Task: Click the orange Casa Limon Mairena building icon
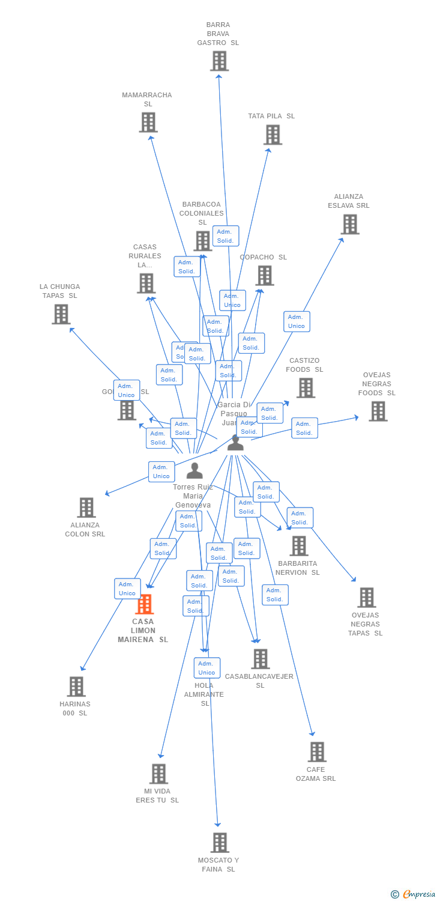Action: click(x=144, y=604)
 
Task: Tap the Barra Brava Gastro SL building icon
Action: click(x=219, y=61)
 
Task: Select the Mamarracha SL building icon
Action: click(x=148, y=122)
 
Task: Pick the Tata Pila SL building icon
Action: click(x=272, y=135)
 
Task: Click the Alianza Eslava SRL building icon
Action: click(x=349, y=224)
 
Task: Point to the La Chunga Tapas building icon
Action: click(x=61, y=314)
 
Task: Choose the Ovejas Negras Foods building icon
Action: click(x=378, y=411)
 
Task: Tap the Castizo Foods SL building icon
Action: click(x=305, y=388)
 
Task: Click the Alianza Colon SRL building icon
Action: click(x=86, y=508)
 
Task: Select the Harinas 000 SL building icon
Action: click(x=76, y=687)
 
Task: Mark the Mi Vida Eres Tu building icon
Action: click(x=158, y=774)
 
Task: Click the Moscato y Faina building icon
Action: click(x=220, y=843)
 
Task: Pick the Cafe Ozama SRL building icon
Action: click(x=316, y=752)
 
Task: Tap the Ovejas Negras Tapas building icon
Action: click(x=366, y=598)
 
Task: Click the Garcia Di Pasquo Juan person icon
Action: click(x=235, y=443)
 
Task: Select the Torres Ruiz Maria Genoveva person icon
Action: click(x=194, y=470)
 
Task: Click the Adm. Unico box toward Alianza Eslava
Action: click(x=297, y=321)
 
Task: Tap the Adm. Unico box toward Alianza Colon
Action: click(x=161, y=472)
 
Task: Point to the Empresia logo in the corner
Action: click(x=414, y=894)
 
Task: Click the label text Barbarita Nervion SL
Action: click(x=298, y=568)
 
